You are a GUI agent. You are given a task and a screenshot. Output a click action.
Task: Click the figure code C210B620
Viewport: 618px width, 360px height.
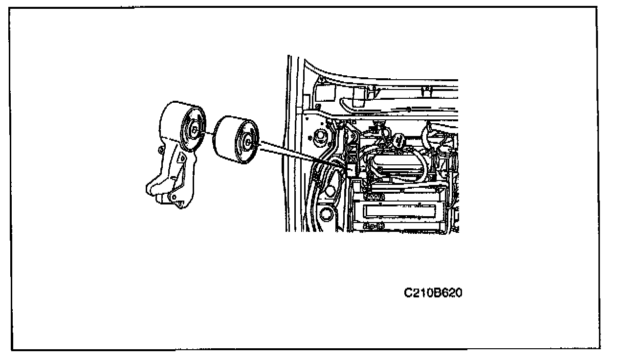[433, 293]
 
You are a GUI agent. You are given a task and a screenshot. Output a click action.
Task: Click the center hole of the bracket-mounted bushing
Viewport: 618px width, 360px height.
[194, 130]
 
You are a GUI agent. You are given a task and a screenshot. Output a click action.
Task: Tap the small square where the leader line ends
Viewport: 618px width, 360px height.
[351, 168]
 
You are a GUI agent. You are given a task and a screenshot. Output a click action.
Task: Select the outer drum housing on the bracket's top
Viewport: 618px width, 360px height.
[176, 117]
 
